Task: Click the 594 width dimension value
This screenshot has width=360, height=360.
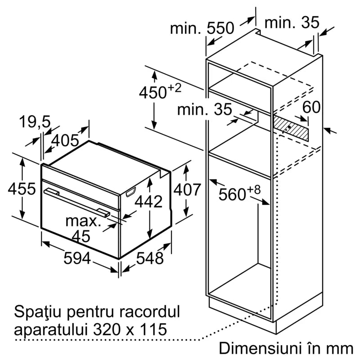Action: coord(77,258)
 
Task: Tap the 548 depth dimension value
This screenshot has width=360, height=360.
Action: coord(149,258)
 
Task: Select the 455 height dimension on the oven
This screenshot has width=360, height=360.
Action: coord(21,189)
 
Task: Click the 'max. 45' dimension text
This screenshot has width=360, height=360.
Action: coord(82,228)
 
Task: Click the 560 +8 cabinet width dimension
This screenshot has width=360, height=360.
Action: coord(239,194)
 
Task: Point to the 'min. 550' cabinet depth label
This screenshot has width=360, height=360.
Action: coord(202,28)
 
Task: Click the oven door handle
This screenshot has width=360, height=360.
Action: coord(76,200)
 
